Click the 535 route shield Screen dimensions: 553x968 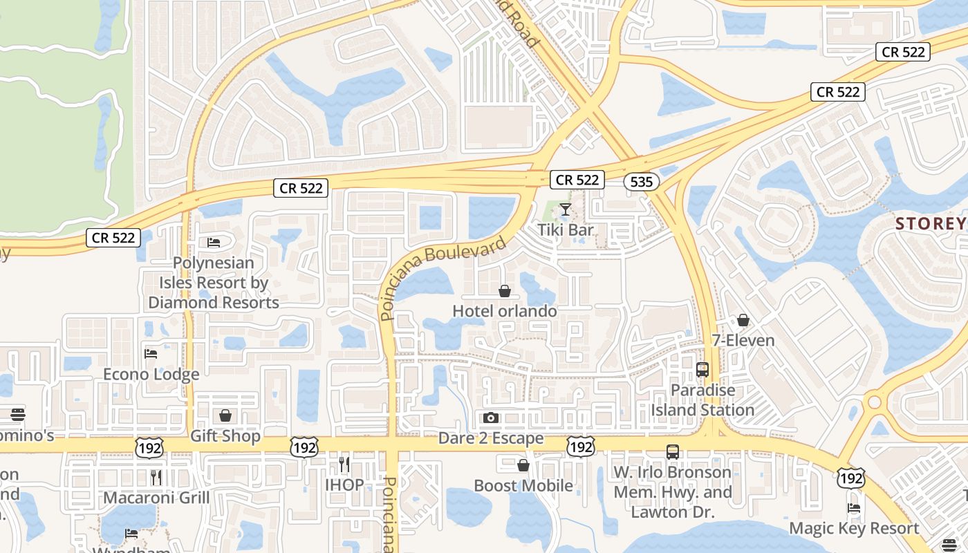pos(641,182)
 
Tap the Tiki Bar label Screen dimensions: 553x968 pos(566,229)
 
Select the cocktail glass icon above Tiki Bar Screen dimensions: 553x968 pos(566,209)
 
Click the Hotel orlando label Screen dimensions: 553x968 pos(505,311)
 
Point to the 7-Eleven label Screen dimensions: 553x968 pos(743,341)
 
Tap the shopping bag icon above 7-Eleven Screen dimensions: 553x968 pos(743,320)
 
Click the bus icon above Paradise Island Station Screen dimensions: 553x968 pos(702,370)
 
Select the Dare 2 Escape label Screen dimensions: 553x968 pos(491,439)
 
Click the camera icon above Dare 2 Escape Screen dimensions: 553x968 pos(491,418)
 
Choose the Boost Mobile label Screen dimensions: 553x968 pos(523,486)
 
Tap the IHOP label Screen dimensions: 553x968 pos(344,485)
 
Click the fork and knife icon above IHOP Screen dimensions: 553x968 pos(344,464)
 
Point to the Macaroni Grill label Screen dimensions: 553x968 pos(156,498)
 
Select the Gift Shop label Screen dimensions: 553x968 pos(225,436)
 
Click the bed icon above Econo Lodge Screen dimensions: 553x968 pos(151,354)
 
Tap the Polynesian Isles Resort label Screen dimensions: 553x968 pos(214,283)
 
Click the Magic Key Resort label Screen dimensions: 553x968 pos(855,529)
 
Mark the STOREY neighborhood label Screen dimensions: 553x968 pos(931,223)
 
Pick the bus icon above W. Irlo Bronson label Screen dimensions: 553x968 pos(673,452)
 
